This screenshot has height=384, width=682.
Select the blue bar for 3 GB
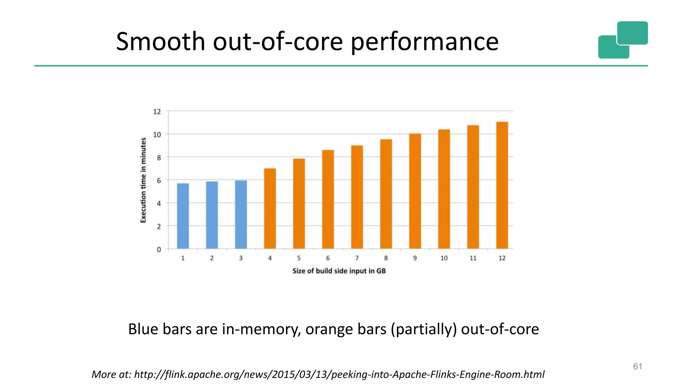click(241, 215)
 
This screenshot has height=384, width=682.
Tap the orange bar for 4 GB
click(270, 209)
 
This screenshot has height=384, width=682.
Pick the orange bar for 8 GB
click(386, 194)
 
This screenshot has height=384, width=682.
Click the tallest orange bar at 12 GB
click(502, 185)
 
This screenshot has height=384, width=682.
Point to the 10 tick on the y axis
click(157, 135)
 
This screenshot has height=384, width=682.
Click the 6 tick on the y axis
click(159, 180)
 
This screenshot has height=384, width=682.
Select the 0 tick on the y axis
click(159, 249)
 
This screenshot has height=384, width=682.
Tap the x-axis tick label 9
click(415, 258)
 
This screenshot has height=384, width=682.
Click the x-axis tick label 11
click(473, 258)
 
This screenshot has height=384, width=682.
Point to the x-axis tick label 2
click(212, 258)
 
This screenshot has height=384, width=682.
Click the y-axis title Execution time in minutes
click(143, 180)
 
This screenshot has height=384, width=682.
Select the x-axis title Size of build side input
click(339, 271)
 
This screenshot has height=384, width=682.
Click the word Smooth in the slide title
click(160, 41)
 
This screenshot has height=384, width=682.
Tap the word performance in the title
click(425, 42)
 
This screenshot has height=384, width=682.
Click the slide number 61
click(637, 366)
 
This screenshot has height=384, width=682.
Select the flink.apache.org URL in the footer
click(339, 374)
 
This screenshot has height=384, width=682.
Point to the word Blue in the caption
click(143, 329)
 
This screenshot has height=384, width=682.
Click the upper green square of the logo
click(632, 33)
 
